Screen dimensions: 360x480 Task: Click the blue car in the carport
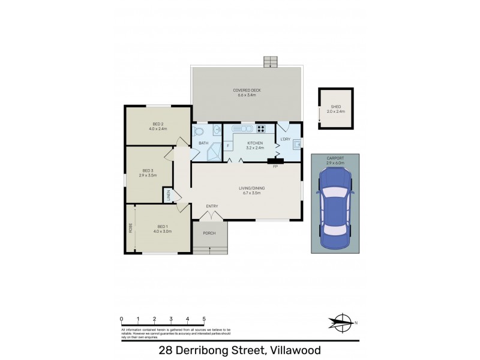[335, 208]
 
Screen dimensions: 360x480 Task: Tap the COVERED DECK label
[247, 91]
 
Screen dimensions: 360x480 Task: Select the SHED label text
[336, 106]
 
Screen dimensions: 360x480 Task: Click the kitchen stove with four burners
[262, 128]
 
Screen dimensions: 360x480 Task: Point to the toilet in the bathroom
[200, 130]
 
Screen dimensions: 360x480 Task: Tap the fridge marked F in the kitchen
[228, 146]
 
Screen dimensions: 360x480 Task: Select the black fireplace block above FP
[275, 160]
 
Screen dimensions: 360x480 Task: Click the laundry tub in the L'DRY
[296, 143]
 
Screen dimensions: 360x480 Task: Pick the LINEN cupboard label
[169, 195]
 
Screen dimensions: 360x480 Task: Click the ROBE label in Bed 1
[130, 228]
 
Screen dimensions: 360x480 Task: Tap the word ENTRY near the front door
[212, 206]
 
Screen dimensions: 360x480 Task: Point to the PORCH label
[209, 233]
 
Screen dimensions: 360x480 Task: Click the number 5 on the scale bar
[205, 319]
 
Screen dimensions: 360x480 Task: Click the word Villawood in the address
[295, 350]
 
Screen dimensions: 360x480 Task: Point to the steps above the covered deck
[271, 62]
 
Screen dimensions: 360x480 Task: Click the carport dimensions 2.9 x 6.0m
[335, 162]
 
